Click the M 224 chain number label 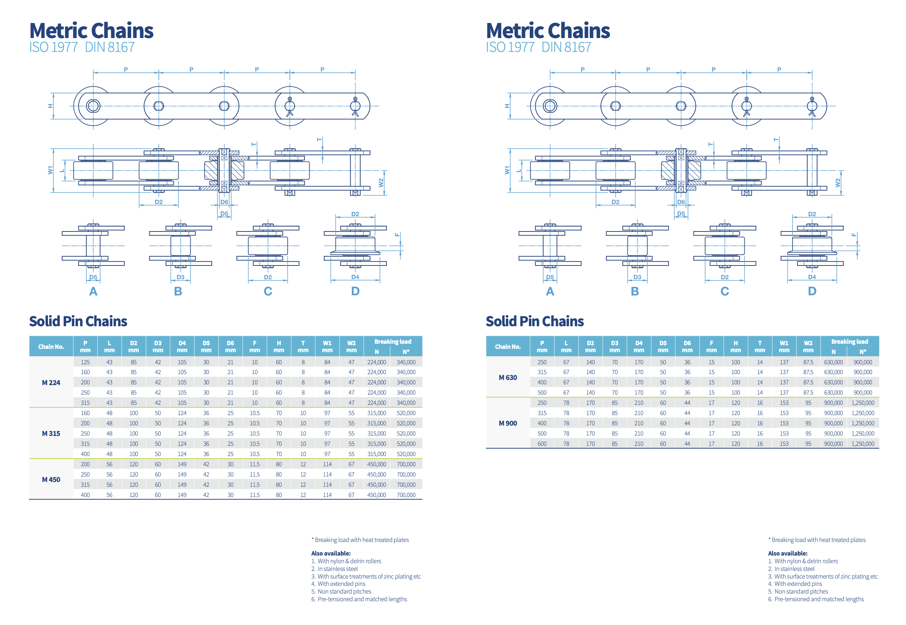tap(51, 383)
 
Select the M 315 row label tap(51, 433)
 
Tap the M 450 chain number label tap(51, 480)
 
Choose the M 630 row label tap(508, 377)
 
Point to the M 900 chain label tap(508, 423)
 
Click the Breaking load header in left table tap(393, 342)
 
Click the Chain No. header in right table tap(508, 347)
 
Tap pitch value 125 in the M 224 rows tap(85, 362)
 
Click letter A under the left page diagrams tap(93, 291)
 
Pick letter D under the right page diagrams tap(812, 291)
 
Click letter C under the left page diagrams tap(268, 291)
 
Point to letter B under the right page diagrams tap(634, 291)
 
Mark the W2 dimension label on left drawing tap(381, 182)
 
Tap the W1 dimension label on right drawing tap(507, 170)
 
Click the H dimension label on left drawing tap(50, 106)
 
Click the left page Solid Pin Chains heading tap(78, 321)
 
